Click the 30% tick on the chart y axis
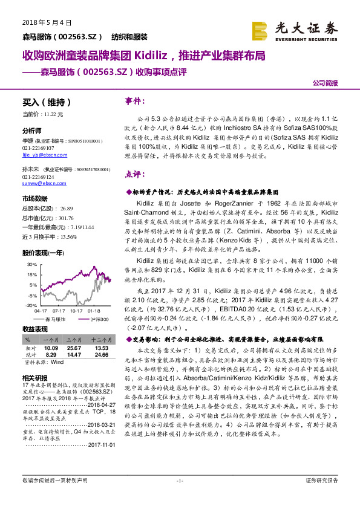tap(31, 265)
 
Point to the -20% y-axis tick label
tap(31, 306)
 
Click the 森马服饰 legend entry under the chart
tap(54, 318)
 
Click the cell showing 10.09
tap(50, 349)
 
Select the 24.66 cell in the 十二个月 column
tap(101, 355)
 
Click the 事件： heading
tap(134, 100)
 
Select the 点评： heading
tap(134, 173)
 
